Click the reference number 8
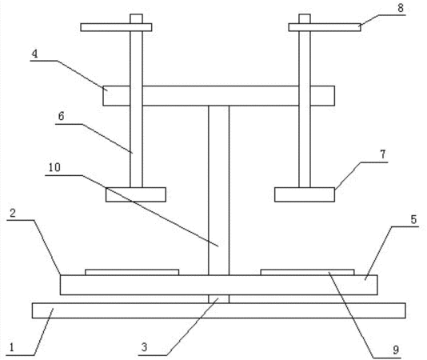click(x=401, y=8)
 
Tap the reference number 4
click(x=34, y=54)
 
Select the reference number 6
click(x=61, y=116)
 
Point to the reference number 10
click(x=54, y=167)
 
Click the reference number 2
click(x=13, y=213)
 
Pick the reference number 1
click(x=11, y=348)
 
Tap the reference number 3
click(x=144, y=347)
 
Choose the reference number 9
click(x=396, y=350)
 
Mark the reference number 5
click(x=413, y=219)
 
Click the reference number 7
click(x=383, y=154)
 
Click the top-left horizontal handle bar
click(x=116, y=27)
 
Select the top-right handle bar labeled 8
click(x=325, y=27)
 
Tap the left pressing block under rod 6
click(x=136, y=194)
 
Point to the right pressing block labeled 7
click(x=305, y=194)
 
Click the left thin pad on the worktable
click(x=132, y=272)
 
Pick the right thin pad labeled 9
click(x=307, y=272)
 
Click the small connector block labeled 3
click(x=218, y=299)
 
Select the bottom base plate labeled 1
click(x=219, y=310)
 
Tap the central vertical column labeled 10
click(x=218, y=190)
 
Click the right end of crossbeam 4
click(x=335, y=96)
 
